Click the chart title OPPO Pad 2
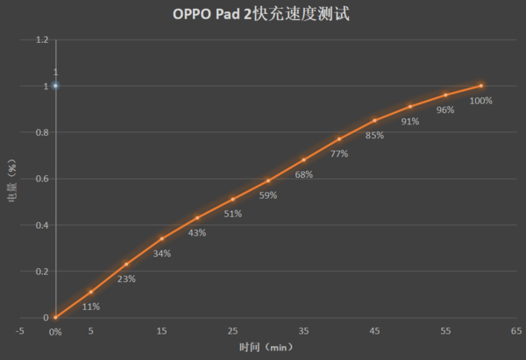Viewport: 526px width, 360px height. pyautogui.click(x=263, y=15)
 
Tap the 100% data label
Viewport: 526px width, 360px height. pyautogui.click(x=480, y=101)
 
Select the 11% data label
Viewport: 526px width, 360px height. pyautogui.click(x=91, y=307)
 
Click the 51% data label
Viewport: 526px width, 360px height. pyautogui.click(x=232, y=214)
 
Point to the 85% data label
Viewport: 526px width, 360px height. pyautogui.click(x=374, y=135)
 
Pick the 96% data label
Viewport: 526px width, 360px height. pyautogui.click(x=445, y=109)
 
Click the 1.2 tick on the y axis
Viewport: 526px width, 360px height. pyautogui.click(x=42, y=40)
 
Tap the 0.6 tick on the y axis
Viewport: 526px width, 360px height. pyautogui.click(x=42, y=179)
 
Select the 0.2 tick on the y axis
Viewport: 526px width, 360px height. pyautogui.click(x=42, y=272)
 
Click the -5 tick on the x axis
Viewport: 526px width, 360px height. pyautogui.click(x=19, y=332)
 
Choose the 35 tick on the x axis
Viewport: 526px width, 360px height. pyautogui.click(x=303, y=332)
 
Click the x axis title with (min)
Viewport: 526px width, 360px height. pyautogui.click(x=266, y=348)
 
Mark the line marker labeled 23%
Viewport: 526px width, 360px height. pyautogui.click(x=126, y=265)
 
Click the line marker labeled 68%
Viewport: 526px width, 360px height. pyautogui.click(x=303, y=160)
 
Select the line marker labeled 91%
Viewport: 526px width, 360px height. pyautogui.click(x=409, y=107)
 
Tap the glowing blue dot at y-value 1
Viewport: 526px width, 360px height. pyautogui.click(x=55, y=86)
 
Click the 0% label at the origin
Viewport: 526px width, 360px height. pyautogui.click(x=54, y=332)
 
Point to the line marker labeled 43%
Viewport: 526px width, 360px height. pyautogui.click(x=197, y=218)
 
